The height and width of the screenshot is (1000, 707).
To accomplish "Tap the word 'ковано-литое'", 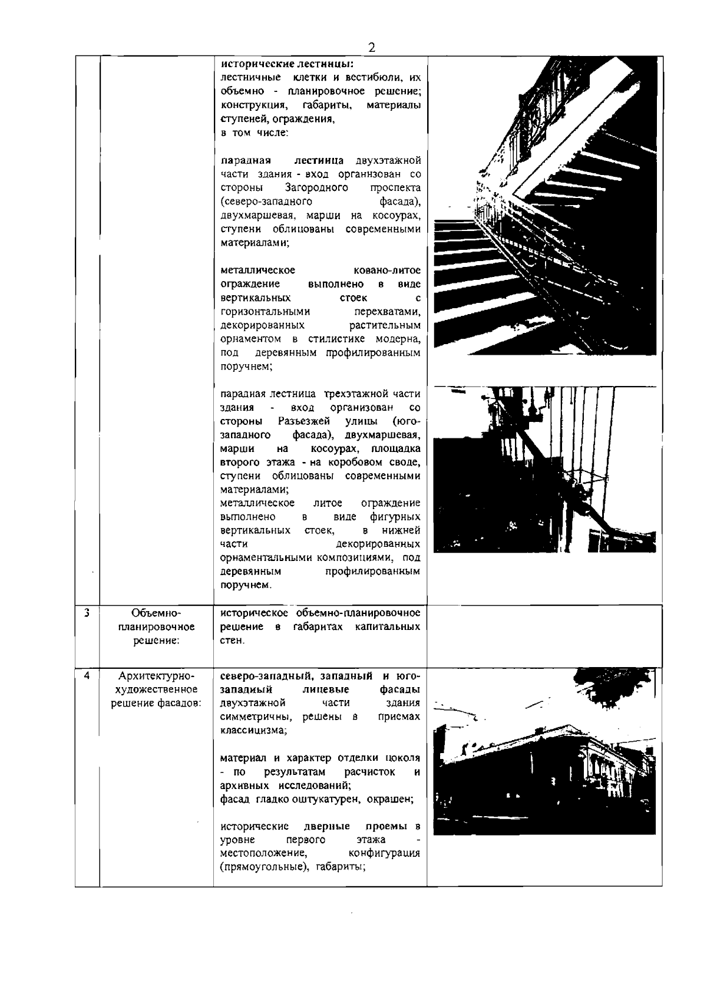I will pos(387,270).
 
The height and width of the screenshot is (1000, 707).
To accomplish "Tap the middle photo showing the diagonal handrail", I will pos(544,470).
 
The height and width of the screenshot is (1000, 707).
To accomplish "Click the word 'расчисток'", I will pos(369,772).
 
